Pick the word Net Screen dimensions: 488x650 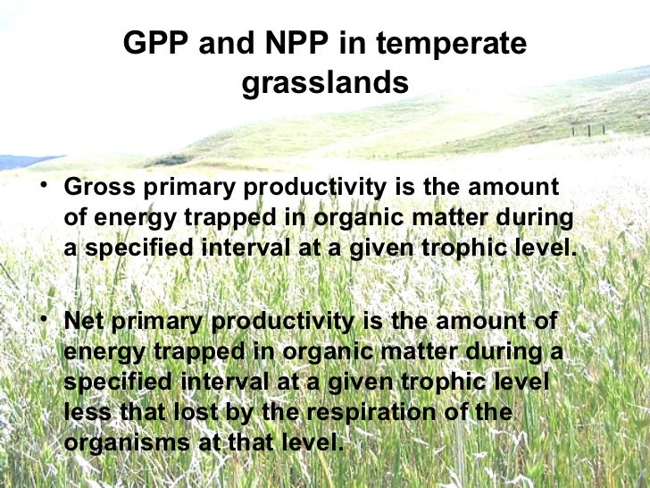point(85,321)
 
